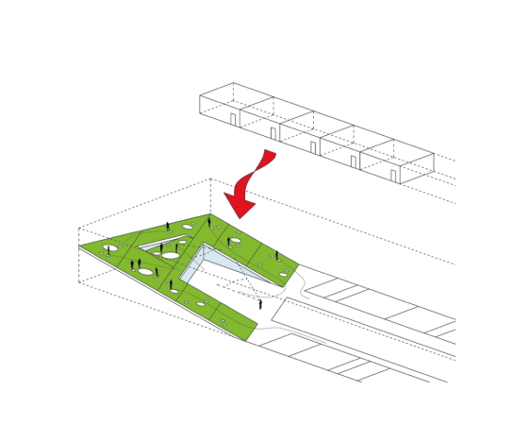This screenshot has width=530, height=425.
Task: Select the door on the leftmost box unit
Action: tap(233, 119)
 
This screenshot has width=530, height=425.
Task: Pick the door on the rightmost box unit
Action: tap(393, 176)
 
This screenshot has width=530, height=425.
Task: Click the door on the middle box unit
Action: tap(313, 147)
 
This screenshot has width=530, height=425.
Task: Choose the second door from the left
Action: tap(273, 133)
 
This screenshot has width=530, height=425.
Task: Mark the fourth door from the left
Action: tap(354, 161)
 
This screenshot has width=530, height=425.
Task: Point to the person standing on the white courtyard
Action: tap(260, 304)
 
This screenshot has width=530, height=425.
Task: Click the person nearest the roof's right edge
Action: tap(276, 255)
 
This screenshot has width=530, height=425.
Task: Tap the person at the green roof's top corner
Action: tap(209, 223)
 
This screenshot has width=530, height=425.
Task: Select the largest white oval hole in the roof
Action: tap(171, 255)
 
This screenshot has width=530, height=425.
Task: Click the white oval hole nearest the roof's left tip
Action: tap(110, 248)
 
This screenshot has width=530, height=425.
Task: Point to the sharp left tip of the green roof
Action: tap(80, 246)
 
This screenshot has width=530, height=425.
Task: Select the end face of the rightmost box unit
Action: tap(417, 168)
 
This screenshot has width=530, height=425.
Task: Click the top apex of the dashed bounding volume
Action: tap(210, 178)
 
